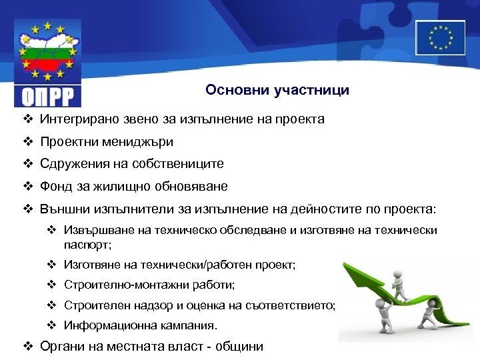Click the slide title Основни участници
point(277,90)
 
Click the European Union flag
point(440,37)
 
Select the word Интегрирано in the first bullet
point(75,120)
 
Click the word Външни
point(63,209)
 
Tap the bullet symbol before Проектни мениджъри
point(27,142)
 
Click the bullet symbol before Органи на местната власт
point(27,346)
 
